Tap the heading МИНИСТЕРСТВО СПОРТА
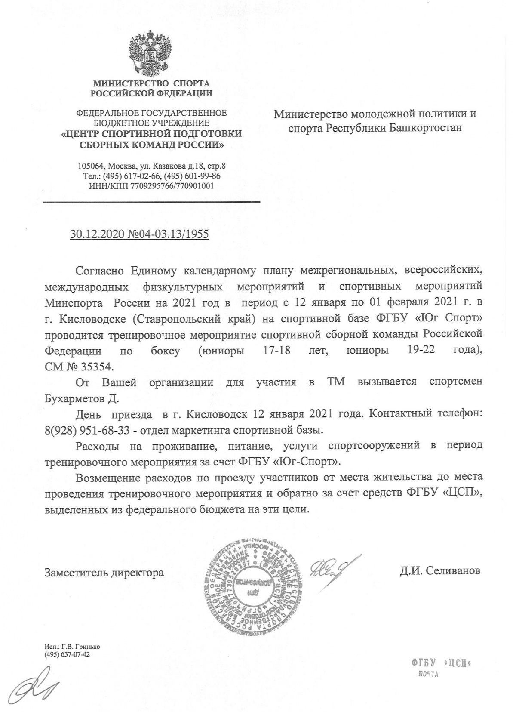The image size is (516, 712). (151, 83)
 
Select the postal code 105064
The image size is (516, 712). (91, 166)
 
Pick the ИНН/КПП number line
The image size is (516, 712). (151, 186)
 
